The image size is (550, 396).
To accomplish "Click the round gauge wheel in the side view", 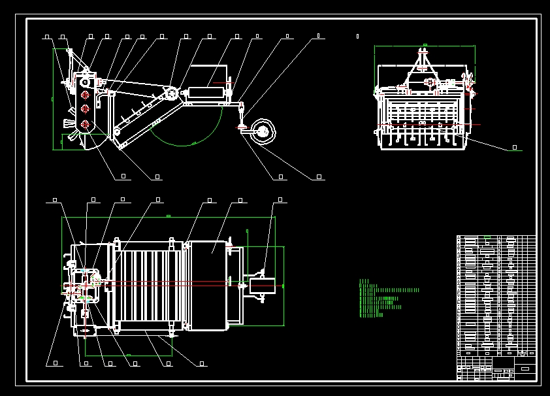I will [263, 131].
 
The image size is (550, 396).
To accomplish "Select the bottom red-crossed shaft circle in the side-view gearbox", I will [84, 124].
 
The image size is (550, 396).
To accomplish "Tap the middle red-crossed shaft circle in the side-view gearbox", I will [84, 110].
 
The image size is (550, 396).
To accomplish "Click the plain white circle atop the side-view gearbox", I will [84, 82].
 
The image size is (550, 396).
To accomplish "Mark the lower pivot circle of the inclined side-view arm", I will [117, 132].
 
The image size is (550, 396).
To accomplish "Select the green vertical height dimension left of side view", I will [54, 98].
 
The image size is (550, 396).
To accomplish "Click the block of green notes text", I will [385, 299].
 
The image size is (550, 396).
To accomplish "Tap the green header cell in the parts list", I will [486, 237].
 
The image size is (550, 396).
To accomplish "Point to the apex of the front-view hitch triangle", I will [423, 52].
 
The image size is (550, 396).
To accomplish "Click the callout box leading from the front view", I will [514, 148].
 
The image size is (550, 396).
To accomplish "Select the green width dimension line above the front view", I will [425, 46].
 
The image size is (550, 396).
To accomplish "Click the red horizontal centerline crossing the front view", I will [431, 124].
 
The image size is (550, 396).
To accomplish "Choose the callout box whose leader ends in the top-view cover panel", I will [240, 200].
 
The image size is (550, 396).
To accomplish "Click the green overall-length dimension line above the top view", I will [169, 217].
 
